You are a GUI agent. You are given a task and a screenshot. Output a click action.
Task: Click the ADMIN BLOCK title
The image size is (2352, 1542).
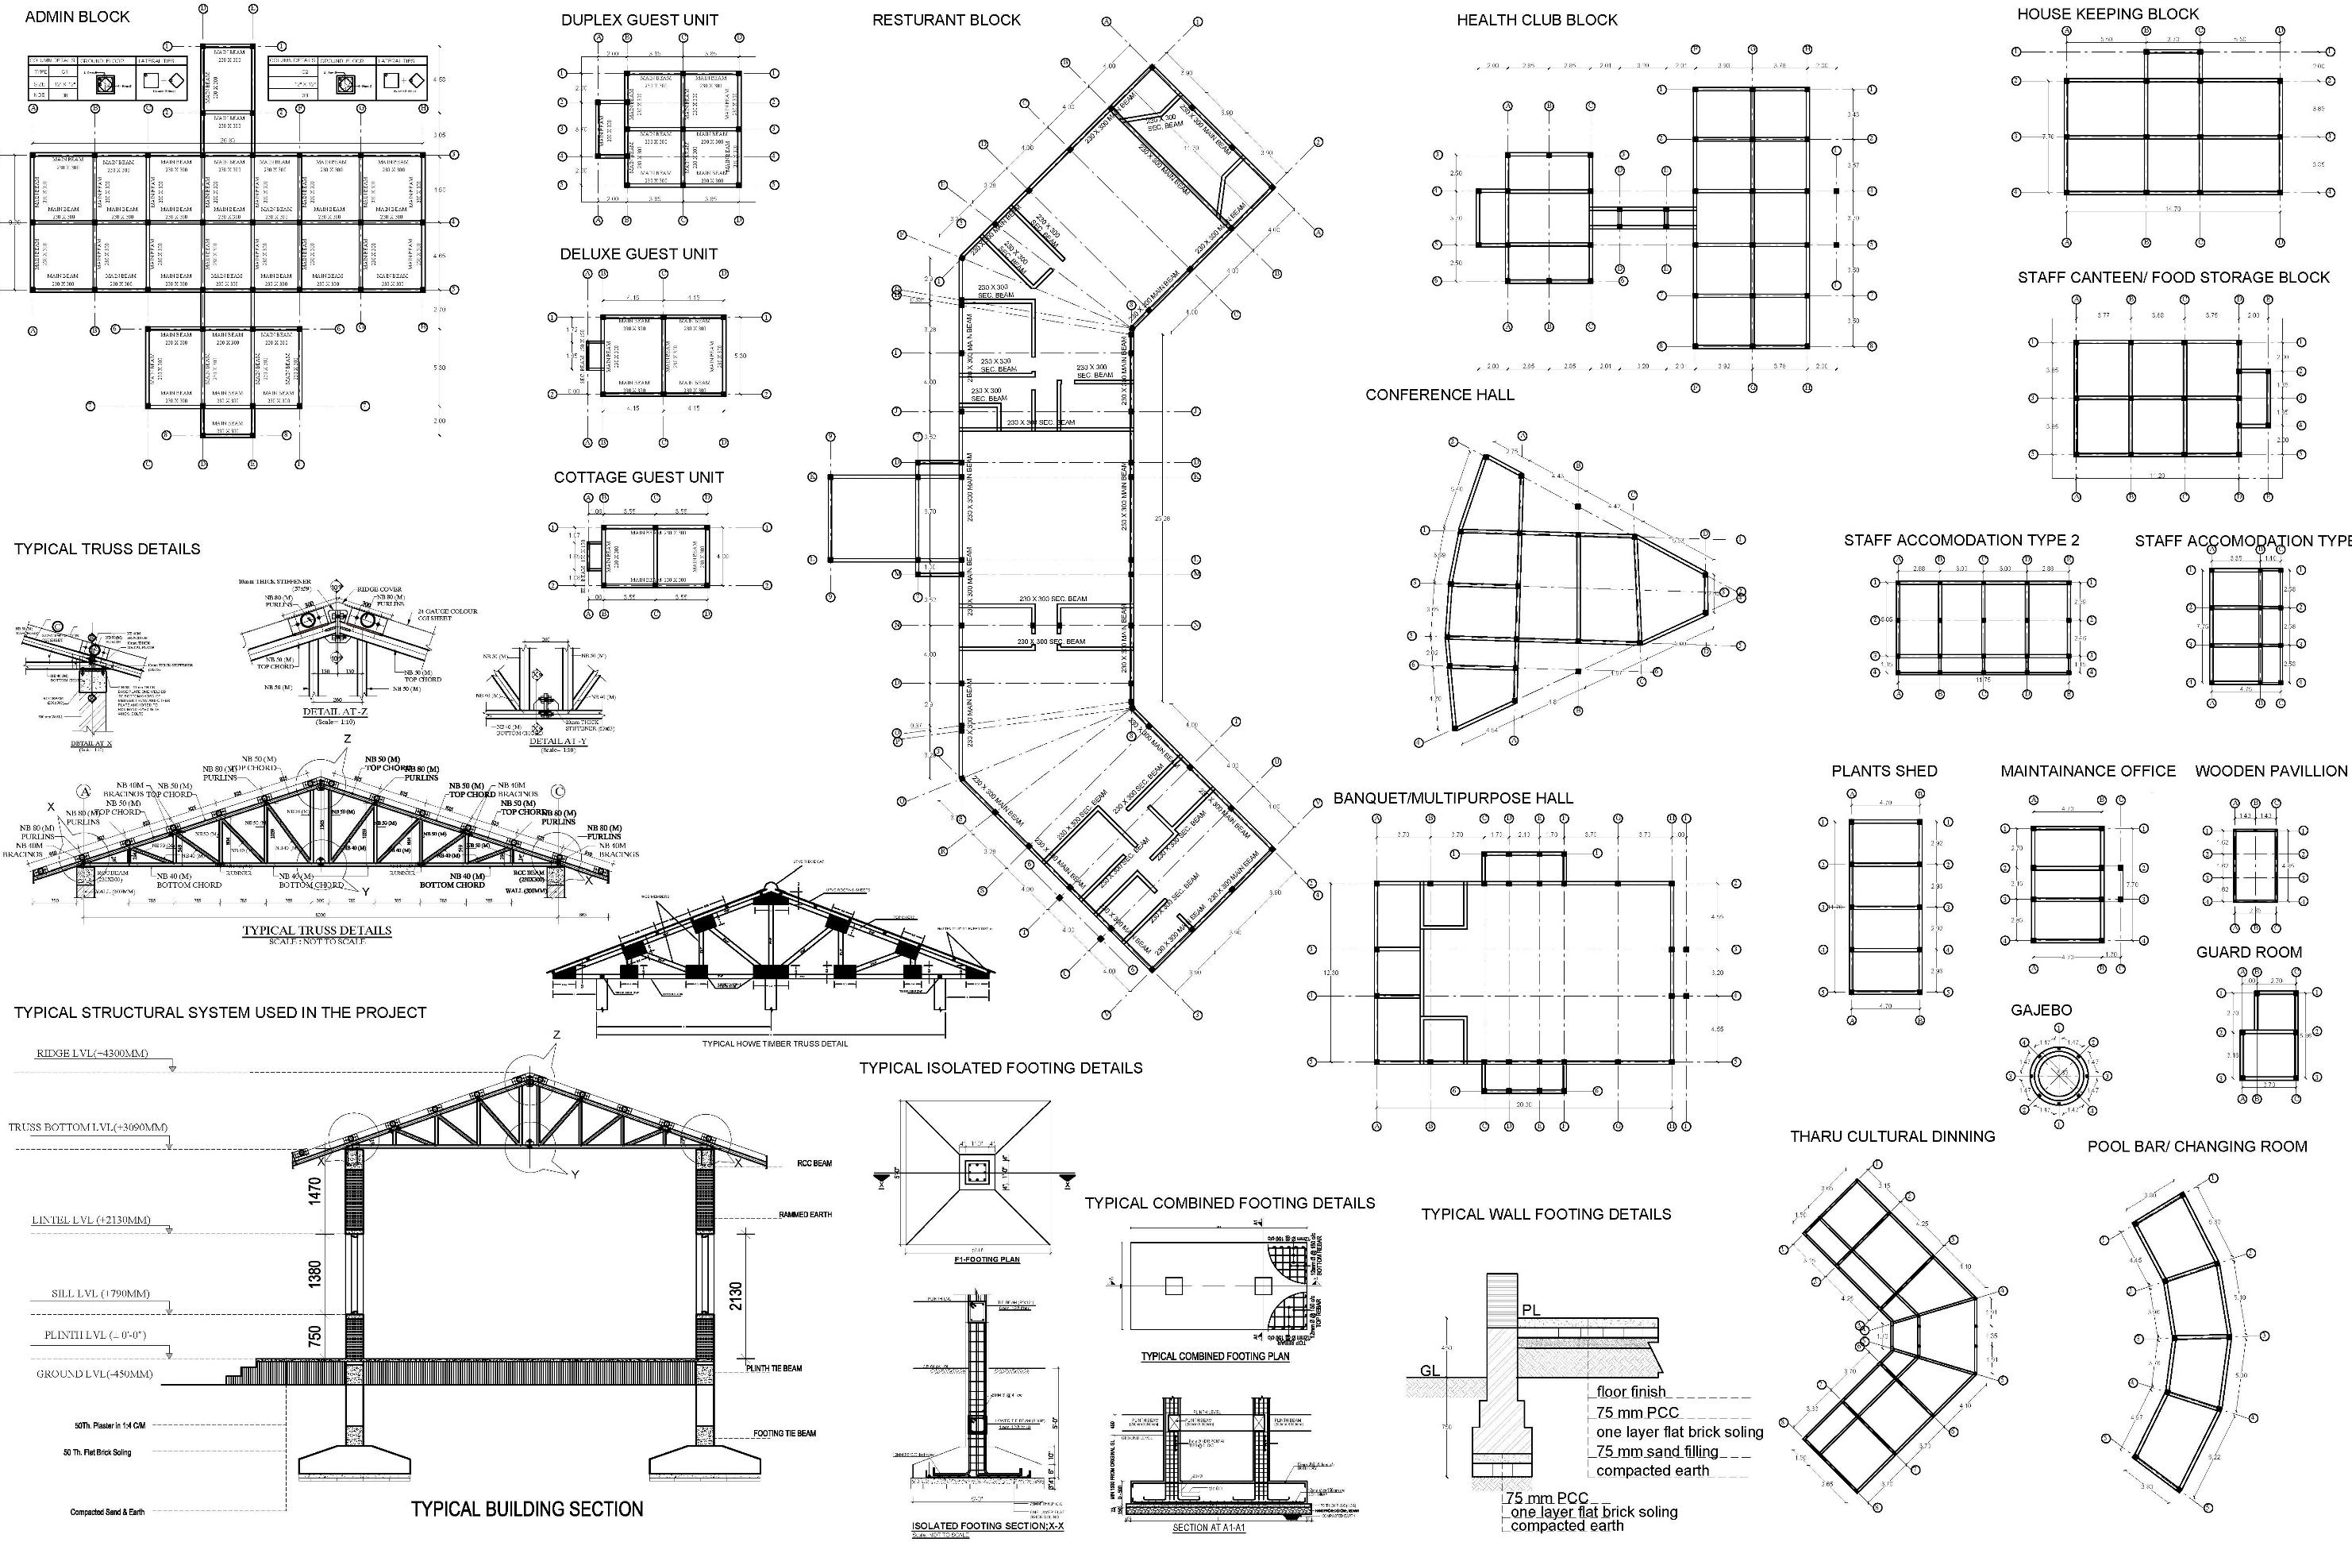[x=77, y=17]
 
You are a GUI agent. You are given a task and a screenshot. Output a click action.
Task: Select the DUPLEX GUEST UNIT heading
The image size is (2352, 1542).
[x=639, y=20]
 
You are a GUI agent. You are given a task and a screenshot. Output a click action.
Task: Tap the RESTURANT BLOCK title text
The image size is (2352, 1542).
[x=945, y=20]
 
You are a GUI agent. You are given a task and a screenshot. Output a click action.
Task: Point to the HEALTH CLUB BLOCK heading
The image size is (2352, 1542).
[x=1537, y=20]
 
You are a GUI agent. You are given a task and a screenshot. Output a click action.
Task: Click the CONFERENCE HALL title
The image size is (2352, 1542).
[x=1439, y=395]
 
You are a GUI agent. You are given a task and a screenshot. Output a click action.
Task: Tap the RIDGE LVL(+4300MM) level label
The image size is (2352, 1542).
[x=92, y=1054]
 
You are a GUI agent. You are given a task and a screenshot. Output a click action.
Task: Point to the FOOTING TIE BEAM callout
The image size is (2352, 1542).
[x=784, y=1433]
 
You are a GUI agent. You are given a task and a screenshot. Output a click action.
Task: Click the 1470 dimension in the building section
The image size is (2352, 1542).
[x=315, y=1190]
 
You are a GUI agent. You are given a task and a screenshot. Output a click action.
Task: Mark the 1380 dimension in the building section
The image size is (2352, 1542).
[x=315, y=1275]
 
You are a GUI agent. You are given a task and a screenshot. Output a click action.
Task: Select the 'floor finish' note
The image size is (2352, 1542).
[x=1630, y=1392]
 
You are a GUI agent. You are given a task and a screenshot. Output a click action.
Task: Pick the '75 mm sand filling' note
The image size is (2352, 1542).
[x=1657, y=1451]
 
